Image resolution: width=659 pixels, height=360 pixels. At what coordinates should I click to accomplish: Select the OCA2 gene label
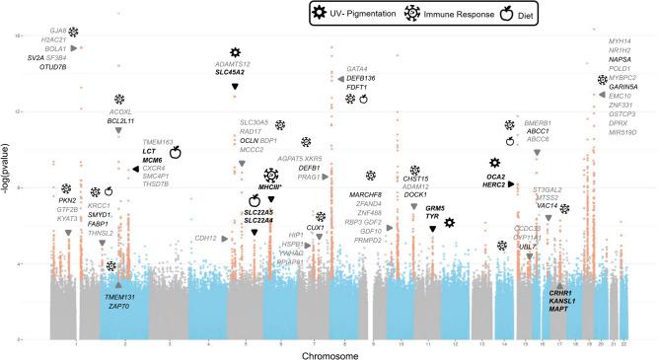coord(495,176)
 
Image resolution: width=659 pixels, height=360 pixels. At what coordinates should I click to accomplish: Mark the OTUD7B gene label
coord(53,67)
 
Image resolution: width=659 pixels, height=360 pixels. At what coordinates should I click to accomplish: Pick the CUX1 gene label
coord(316,228)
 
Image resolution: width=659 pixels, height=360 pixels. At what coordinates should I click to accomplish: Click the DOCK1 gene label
coord(415,195)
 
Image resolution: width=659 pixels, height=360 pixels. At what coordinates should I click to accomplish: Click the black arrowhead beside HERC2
coord(512,185)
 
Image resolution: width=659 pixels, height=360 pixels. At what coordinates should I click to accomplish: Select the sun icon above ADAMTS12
coord(235,52)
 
